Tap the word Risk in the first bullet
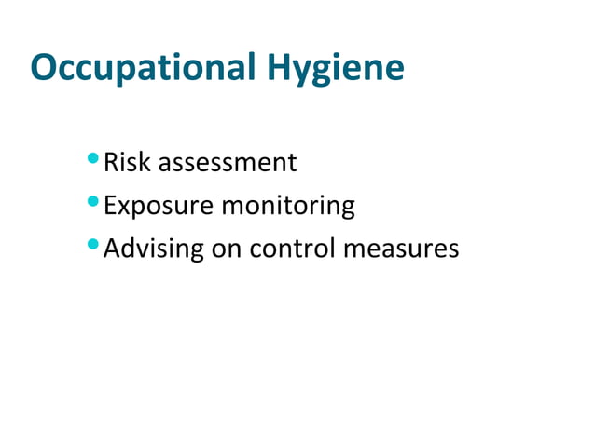tap(127, 163)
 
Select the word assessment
tap(228, 164)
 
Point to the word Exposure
tap(159, 207)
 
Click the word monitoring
tap(288, 207)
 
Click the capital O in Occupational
tap(43, 67)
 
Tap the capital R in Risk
tap(111, 163)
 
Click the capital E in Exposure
tap(110, 206)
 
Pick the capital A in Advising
tap(112, 249)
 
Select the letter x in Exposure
tap(125, 208)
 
